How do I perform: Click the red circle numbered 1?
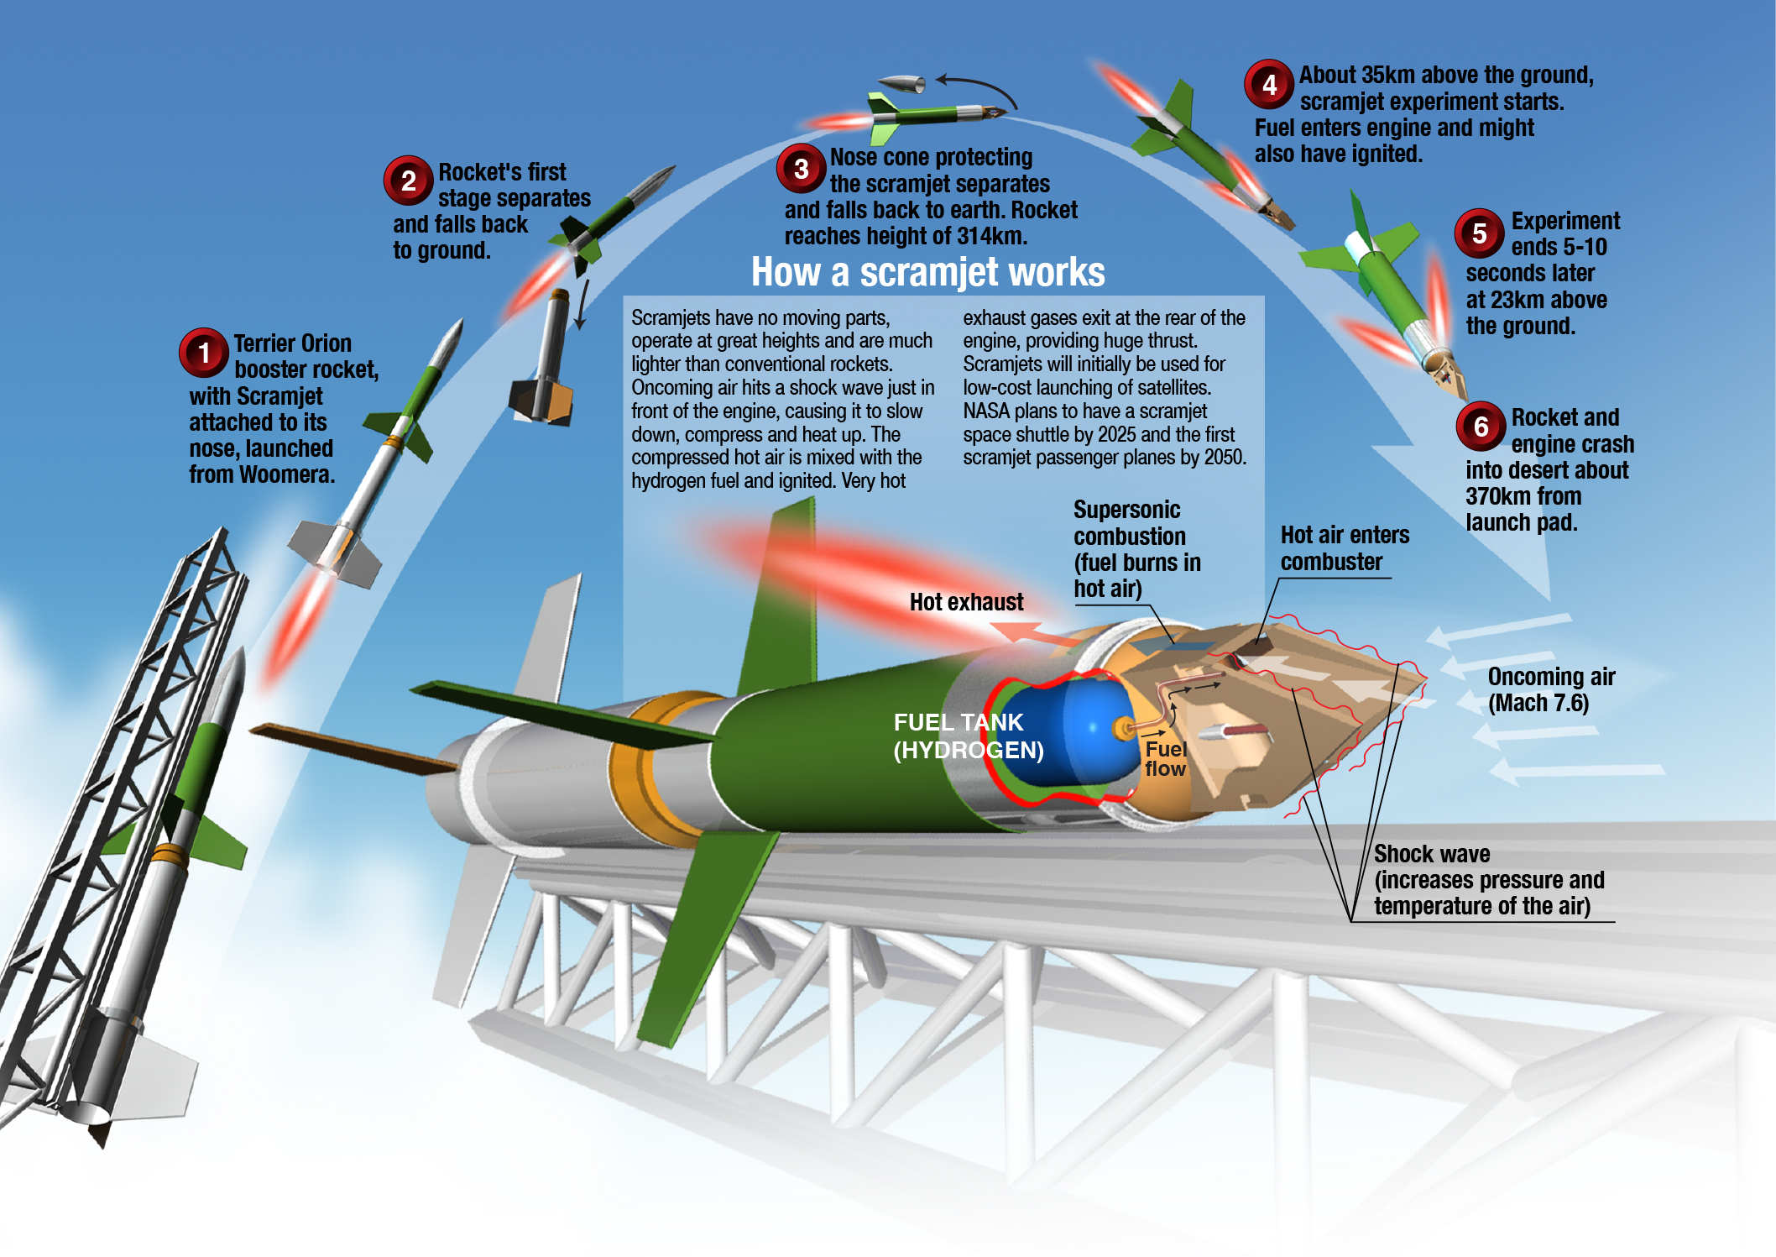coord(203,353)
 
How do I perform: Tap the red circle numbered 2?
coord(408,181)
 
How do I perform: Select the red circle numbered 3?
coord(801,168)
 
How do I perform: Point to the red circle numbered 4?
coord(1269,84)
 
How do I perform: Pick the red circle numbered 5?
coord(1480,233)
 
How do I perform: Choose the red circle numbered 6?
coord(1481,426)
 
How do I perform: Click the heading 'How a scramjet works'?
coord(927,272)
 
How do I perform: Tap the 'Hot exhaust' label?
coord(966,602)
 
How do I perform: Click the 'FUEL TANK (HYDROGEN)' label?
coord(968,736)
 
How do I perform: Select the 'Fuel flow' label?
coord(1165,758)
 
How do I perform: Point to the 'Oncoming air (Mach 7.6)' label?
coord(1550,689)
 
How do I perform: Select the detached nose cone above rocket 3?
coord(902,83)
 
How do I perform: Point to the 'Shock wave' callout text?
coord(1431,854)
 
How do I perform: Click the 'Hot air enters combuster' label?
coord(1344,548)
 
